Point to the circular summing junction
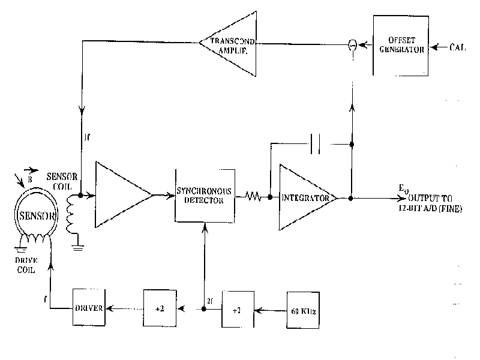pyautogui.click(x=353, y=46)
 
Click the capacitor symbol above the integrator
pyautogui.click(x=316, y=143)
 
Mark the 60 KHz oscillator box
pyautogui.click(x=303, y=310)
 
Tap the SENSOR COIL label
pyautogui.click(x=62, y=179)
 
